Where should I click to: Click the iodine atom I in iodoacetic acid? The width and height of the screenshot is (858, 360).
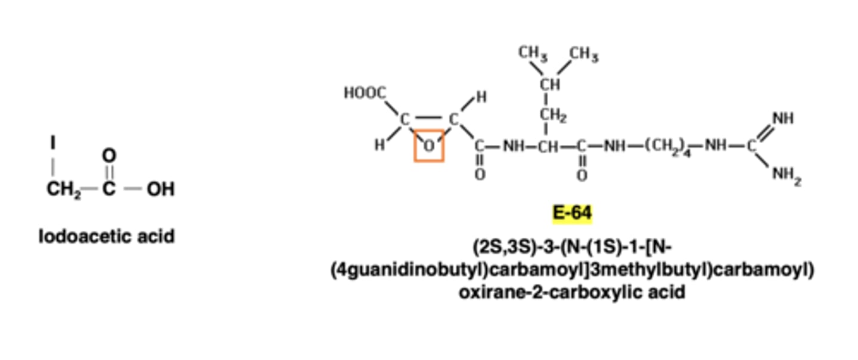click(x=53, y=143)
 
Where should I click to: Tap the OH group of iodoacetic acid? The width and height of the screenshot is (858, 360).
click(x=160, y=190)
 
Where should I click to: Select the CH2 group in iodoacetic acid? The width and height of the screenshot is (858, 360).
click(x=63, y=190)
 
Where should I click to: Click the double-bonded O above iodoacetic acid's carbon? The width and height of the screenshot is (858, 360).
click(x=108, y=156)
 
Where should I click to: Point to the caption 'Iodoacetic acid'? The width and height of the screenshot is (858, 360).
click(x=107, y=237)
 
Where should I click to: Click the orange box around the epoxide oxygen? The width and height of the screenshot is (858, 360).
click(x=429, y=145)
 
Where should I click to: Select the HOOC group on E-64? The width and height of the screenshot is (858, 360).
click(x=365, y=93)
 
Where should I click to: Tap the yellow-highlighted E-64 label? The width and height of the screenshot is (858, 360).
click(x=572, y=213)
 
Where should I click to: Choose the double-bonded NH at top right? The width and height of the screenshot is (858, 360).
click(x=782, y=119)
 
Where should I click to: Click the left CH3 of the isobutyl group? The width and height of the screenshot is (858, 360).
click(x=532, y=53)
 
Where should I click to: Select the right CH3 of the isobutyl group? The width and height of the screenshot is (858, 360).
click(x=583, y=55)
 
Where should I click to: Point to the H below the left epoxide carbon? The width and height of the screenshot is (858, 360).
click(x=380, y=145)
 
